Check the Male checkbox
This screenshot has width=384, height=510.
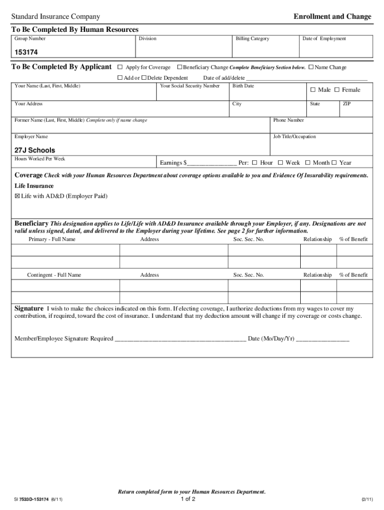click(313, 90)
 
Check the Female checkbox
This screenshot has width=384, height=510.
click(337, 90)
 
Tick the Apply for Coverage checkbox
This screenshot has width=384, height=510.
click(120, 67)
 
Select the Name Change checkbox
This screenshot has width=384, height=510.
click(311, 67)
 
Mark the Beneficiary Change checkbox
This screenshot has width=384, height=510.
click(180, 67)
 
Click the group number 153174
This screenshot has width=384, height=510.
click(26, 52)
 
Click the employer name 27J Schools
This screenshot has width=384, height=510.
click(35, 150)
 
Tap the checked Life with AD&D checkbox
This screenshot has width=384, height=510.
click(17, 196)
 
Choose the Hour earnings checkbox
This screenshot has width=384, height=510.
click(254, 163)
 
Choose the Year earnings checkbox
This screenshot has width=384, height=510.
click(334, 163)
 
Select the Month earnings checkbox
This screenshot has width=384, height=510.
click(308, 163)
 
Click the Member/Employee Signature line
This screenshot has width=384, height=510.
click(180, 340)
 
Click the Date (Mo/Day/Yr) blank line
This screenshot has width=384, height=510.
click(323, 340)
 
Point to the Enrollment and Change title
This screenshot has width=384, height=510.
click(332, 16)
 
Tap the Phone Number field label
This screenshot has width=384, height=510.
click(289, 120)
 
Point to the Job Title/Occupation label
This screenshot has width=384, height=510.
click(294, 136)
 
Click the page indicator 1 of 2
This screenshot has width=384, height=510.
click(188, 499)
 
